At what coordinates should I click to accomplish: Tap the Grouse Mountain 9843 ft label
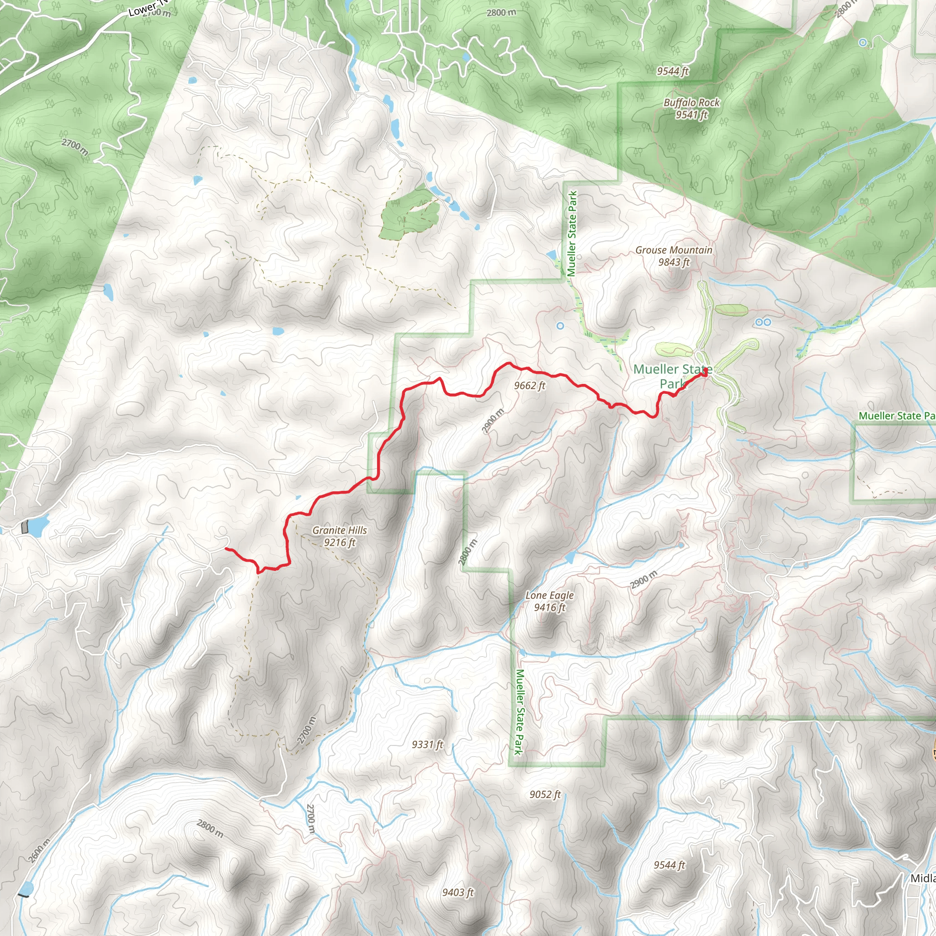tap(673, 256)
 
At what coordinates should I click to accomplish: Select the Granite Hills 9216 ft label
tap(340, 536)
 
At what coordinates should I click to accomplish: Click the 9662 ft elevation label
tap(530, 386)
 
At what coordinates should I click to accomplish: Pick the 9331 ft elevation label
tap(427, 744)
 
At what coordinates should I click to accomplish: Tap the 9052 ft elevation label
tap(545, 794)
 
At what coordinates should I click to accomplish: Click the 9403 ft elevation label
tap(458, 892)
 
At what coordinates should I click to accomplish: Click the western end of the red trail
tap(226, 548)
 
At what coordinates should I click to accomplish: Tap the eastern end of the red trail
tap(705, 372)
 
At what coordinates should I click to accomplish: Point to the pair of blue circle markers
tap(763, 322)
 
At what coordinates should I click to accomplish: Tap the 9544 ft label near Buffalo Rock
tap(672, 71)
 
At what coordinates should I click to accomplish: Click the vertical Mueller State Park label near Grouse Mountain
tap(572, 234)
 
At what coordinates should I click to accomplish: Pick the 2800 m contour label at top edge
tap(501, 13)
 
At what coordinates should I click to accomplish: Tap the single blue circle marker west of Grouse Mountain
tap(560, 326)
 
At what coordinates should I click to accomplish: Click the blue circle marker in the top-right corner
tap(863, 43)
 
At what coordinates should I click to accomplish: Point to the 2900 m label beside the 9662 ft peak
tap(493, 421)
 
